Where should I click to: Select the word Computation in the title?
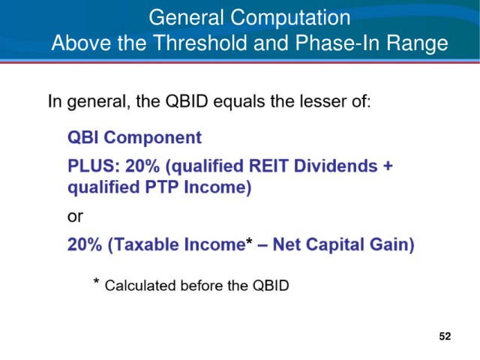[290, 18]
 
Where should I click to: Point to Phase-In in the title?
[337, 43]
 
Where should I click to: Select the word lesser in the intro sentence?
[323, 101]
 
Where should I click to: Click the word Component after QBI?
[153, 138]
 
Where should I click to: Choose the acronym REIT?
[268, 166]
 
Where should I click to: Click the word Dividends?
[335, 166]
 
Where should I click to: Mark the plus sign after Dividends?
[388, 166]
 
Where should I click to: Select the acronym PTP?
[162, 187]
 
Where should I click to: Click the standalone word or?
[75, 217]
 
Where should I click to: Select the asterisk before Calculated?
[97, 281]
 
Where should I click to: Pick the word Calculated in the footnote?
[140, 286]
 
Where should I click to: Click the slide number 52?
[445, 337]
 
